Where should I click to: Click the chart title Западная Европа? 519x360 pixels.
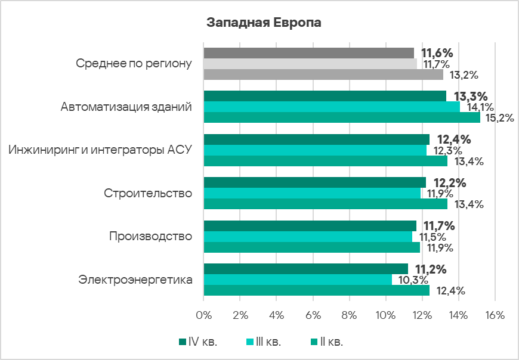point(264,23)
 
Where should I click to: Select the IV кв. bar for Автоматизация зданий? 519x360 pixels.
point(325,96)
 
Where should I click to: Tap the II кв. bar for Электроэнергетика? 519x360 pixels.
point(316,290)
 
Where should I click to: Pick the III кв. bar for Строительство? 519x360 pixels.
point(312,193)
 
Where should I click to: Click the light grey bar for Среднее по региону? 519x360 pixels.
point(310,64)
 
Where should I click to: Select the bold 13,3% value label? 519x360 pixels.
point(471,97)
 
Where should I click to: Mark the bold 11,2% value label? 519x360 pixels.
point(431,269)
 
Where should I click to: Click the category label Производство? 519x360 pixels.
point(150,236)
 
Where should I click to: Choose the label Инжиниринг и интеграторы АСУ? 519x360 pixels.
point(100,150)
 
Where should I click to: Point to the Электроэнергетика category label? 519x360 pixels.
point(135,279)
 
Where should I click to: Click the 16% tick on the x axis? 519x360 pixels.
point(495,315)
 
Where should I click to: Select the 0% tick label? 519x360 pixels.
point(204,315)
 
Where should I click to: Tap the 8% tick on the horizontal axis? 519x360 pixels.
point(350,315)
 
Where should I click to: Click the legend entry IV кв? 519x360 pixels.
point(199,342)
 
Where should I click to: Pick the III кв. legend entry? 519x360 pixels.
point(264,342)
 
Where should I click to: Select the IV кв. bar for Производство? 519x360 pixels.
point(310,225)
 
